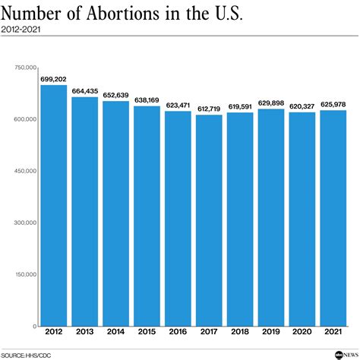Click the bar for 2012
54,205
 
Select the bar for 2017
209,220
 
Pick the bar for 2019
270,217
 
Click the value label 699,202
54,78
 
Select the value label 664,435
85,91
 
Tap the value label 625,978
333,104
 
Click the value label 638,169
147,99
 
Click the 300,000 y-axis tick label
25,223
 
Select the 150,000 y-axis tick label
25,274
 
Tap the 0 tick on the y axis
34,326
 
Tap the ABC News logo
338,354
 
